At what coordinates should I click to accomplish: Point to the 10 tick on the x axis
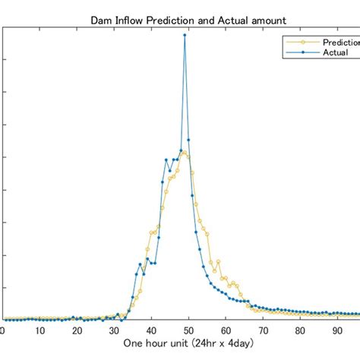coord(39,330)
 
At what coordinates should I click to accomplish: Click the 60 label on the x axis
coord(226,330)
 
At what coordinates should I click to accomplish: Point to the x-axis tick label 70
coord(263,330)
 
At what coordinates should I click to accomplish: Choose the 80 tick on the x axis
coord(300,330)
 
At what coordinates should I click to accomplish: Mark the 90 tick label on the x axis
coord(337,330)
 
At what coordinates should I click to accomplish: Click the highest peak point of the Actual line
coord(185,35)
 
